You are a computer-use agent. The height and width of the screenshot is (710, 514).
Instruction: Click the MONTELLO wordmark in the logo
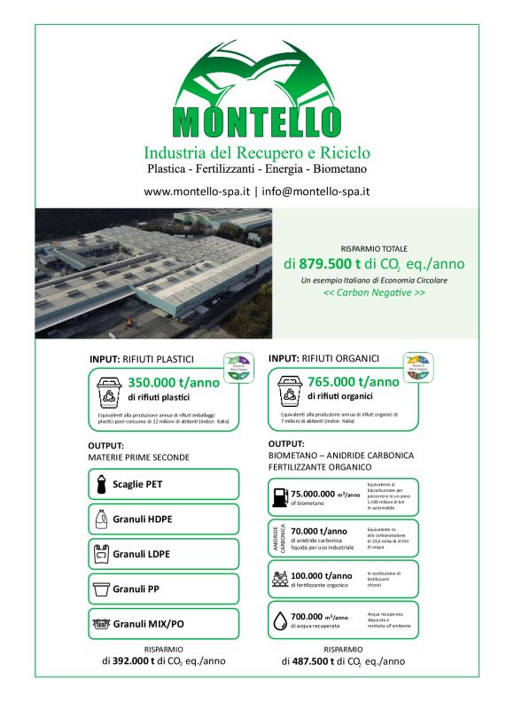click(257, 118)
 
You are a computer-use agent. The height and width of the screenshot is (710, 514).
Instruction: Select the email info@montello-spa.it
click(315, 191)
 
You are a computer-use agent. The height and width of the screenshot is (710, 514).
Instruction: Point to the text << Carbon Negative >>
click(373, 293)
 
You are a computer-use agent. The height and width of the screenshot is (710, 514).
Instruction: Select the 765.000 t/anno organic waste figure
click(353, 382)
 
